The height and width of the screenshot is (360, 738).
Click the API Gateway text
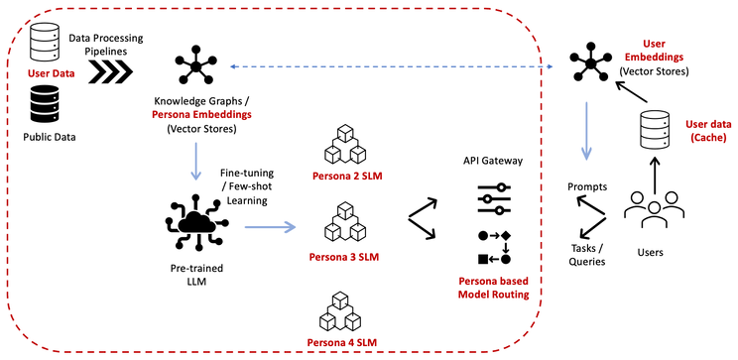pos(494,160)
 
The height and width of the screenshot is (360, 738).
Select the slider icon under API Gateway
pos(494,198)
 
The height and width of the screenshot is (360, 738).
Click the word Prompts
pos(586,185)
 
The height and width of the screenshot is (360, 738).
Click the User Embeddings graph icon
pos(593,65)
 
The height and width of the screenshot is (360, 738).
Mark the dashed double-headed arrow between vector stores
pos(397,66)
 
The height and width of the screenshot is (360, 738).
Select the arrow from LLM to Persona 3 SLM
pos(270,228)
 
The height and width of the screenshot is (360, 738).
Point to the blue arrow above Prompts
pos(587,139)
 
